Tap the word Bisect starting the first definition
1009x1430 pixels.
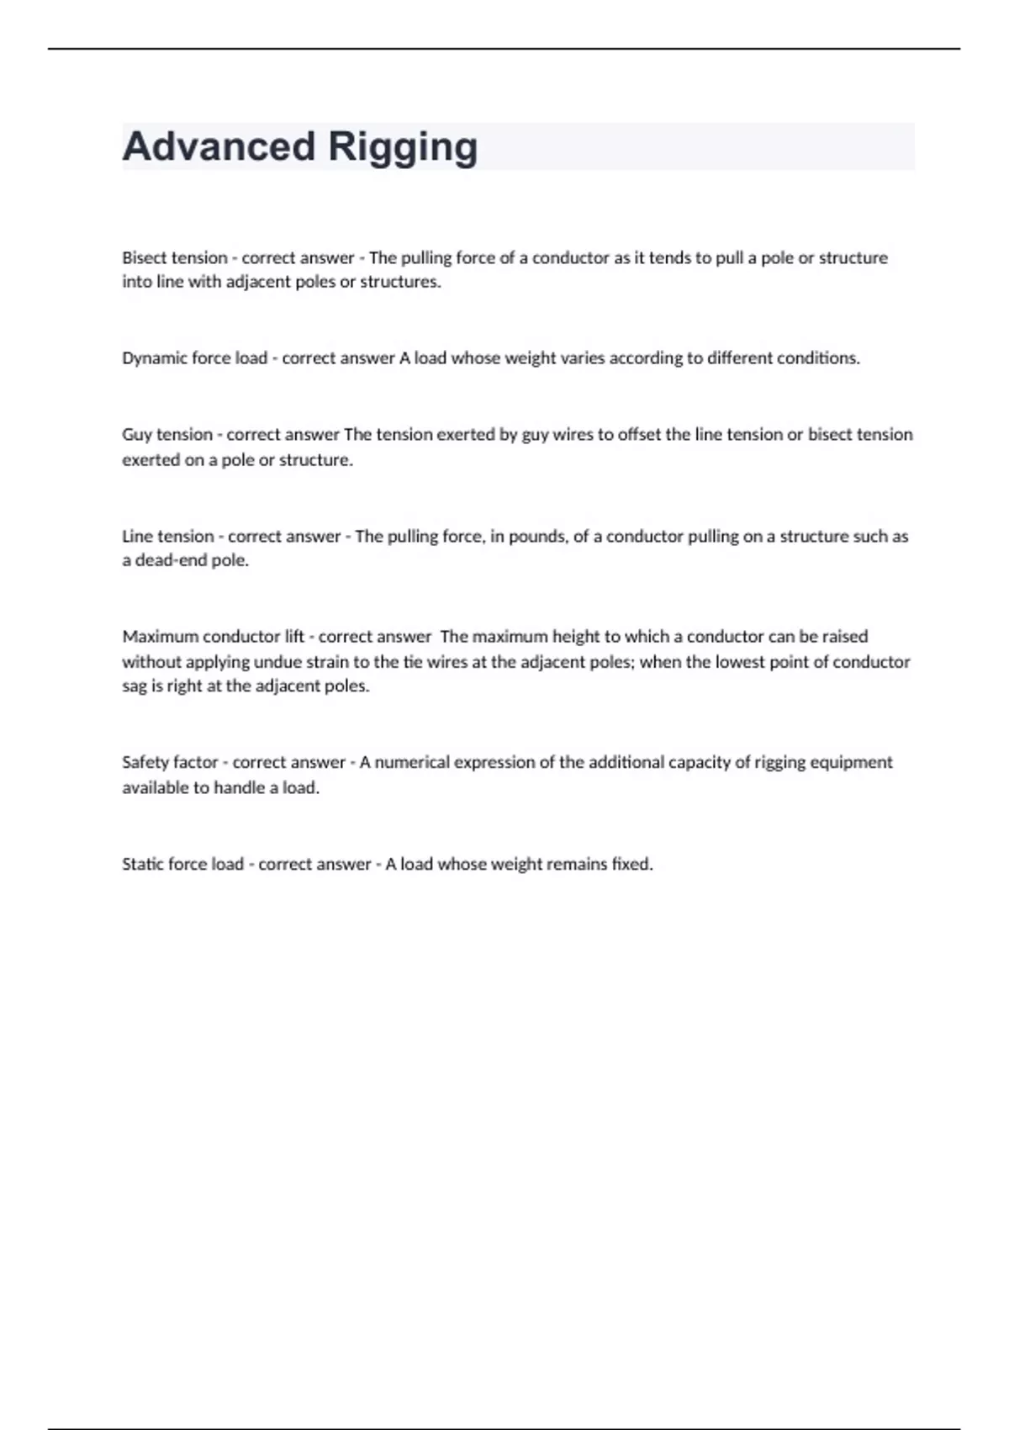click(144, 257)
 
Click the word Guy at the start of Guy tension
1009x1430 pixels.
click(136, 435)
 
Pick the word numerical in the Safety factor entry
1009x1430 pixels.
click(412, 762)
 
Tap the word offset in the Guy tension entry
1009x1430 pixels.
click(639, 435)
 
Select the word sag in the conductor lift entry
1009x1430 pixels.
click(135, 687)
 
